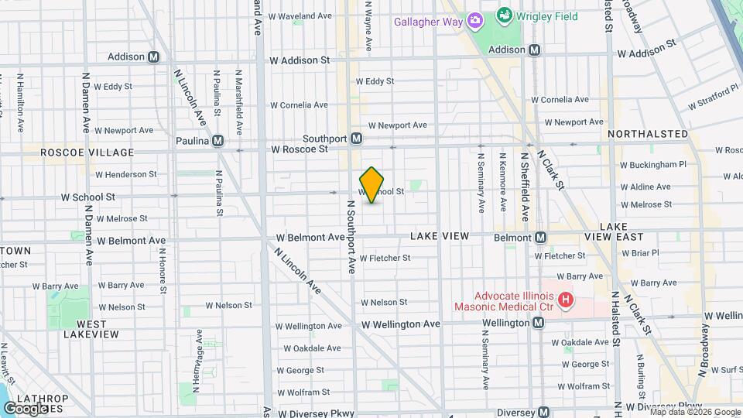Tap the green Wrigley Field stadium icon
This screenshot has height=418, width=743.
[x=504, y=14]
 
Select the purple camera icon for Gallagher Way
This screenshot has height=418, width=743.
[x=474, y=21]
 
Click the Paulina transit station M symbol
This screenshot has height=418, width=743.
[x=218, y=140]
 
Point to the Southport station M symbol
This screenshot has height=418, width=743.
[x=356, y=139]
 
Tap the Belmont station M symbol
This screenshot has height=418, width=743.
[x=541, y=237]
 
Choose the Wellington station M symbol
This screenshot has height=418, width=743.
[x=539, y=322]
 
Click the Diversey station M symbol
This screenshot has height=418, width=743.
[x=544, y=412]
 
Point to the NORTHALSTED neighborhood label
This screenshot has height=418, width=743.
[x=648, y=134]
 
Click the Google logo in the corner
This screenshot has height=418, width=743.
[x=26, y=408]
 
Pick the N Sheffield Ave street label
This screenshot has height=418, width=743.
[x=524, y=187]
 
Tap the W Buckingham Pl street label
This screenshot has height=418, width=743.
[x=653, y=165]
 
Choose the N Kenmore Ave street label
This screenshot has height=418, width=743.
[x=504, y=182]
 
